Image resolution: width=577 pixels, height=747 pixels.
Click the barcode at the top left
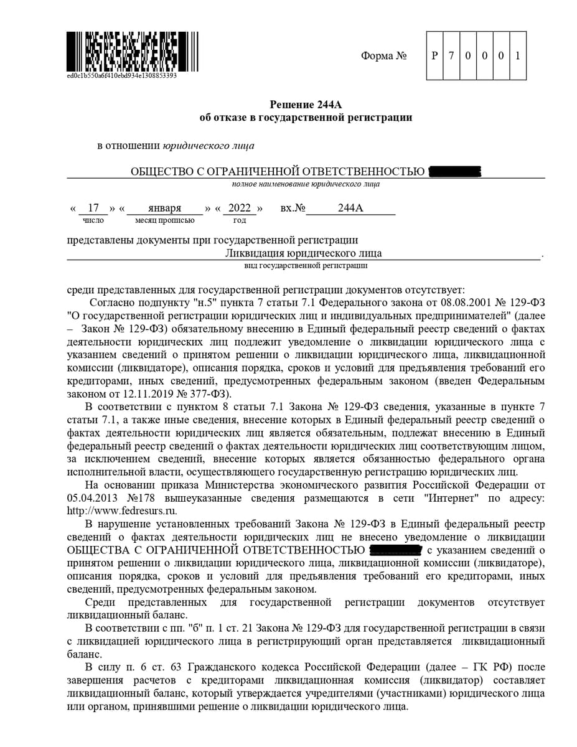121,51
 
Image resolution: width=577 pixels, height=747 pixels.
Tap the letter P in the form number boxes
434,55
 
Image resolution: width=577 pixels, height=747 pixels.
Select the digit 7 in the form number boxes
451,55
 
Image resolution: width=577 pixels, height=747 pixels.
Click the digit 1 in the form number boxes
517,55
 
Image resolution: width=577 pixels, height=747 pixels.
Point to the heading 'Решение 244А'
306,104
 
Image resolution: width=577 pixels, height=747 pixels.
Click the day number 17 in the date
93,208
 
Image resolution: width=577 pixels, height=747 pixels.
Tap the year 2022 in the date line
240,208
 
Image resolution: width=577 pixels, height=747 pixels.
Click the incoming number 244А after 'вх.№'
350,208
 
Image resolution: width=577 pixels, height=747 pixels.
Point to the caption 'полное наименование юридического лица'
306,184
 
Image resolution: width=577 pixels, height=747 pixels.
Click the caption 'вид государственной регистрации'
305,266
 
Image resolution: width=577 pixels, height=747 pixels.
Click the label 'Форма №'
383,56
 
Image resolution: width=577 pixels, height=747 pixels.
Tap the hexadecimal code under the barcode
121,76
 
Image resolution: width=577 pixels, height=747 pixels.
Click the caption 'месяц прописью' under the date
164,220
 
